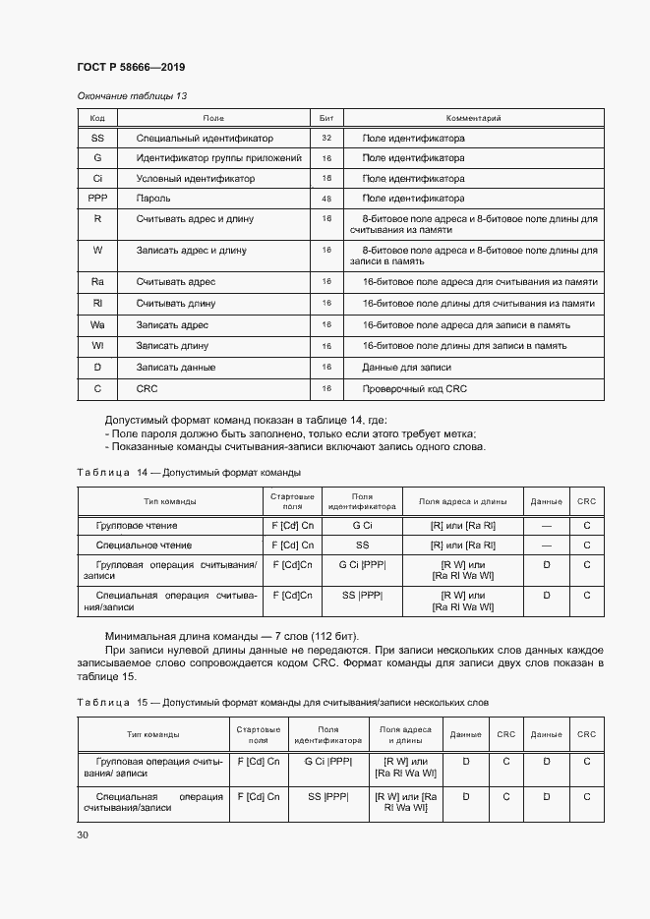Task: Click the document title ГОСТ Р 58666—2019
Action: pos(131,67)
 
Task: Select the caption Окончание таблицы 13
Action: pos(131,95)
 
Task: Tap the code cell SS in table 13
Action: pos(97,139)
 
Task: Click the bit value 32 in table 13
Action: pos(326,139)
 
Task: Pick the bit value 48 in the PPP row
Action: pos(326,198)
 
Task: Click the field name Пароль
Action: pos(153,198)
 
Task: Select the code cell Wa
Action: pos(97,324)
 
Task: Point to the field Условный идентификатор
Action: pos(195,179)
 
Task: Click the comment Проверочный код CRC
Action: pos(414,388)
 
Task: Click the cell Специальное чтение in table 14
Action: pos(143,545)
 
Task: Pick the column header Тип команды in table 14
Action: pos(169,501)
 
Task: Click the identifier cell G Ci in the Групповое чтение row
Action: pos(362,527)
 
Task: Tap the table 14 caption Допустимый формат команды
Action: pos(230,473)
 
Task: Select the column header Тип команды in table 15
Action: pos(152,734)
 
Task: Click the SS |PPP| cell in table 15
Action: pos(327,796)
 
